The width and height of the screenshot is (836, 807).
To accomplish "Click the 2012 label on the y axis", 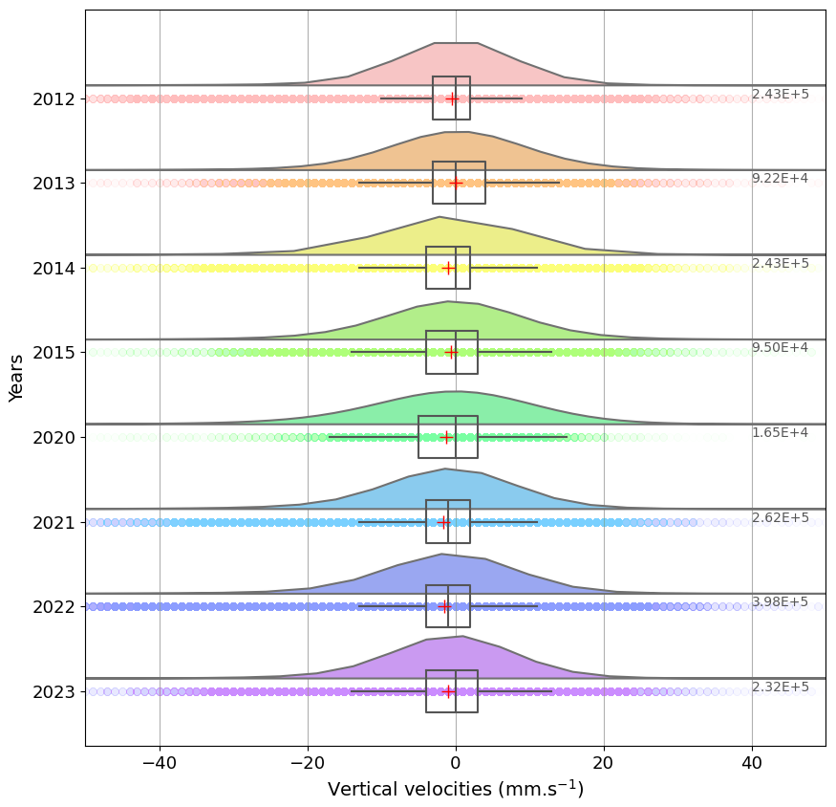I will coord(54,98).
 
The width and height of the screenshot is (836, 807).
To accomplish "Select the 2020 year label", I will coord(54,437).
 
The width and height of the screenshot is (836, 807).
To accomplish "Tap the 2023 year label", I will coord(54,691).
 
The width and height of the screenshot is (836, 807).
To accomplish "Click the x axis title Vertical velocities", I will coord(455,790).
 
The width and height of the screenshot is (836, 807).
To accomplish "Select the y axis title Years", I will coord(16,378).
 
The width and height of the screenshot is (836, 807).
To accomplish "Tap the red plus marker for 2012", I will coord(452,98).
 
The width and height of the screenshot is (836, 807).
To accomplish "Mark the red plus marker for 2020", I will coord(446,438).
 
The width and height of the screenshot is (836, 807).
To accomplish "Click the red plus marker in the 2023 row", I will coord(448,691).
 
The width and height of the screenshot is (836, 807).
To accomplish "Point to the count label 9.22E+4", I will coord(780,179).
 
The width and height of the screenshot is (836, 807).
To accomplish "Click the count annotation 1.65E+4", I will coord(780,433).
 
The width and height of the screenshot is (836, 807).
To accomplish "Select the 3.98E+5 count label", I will coord(780,602).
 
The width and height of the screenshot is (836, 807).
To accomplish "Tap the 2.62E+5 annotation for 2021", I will coord(780,518).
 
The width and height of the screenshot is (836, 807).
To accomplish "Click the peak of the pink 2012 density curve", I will coord(456,44).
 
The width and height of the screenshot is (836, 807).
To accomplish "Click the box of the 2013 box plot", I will coord(459,183).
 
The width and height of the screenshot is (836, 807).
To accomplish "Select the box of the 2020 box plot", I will coord(447,437).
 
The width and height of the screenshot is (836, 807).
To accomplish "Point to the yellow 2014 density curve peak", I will coord(439,218).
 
